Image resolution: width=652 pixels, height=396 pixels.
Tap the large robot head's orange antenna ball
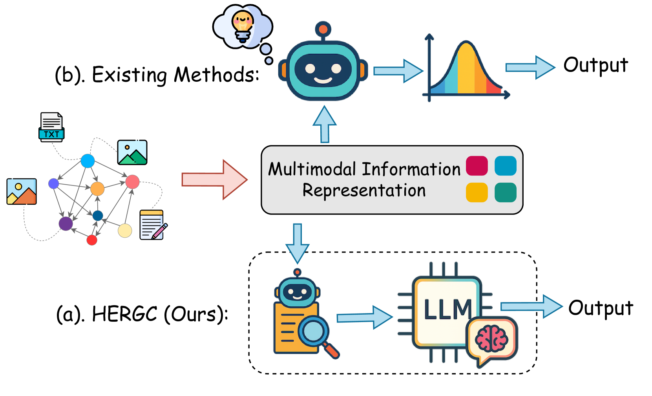tap(323, 29)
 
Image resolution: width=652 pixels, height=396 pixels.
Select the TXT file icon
tap(51, 127)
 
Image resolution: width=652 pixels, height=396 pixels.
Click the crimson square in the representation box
tap(477, 165)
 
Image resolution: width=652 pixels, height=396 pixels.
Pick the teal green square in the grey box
tap(505, 192)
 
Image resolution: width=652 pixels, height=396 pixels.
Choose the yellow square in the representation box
tap(477, 192)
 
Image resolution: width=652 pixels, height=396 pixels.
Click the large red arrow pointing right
tap(214, 180)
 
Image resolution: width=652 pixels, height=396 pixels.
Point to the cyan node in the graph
tap(88, 161)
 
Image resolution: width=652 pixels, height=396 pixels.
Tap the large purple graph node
tap(66, 224)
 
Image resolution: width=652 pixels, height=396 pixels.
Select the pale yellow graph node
tap(125, 231)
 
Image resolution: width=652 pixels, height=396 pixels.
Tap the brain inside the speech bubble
tap(491, 339)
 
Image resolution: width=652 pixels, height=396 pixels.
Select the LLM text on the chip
tap(447, 310)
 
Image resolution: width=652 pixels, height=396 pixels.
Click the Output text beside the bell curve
tap(595, 65)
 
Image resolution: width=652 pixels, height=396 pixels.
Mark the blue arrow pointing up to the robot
tap(325, 124)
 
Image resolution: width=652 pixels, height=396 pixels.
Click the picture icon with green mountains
tap(132, 152)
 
